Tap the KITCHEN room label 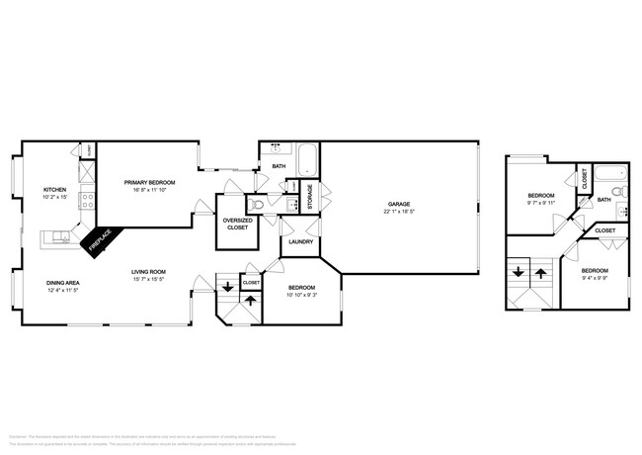[x=54, y=189]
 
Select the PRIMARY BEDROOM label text [x=149, y=182]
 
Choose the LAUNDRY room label [x=301, y=242]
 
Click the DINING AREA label [x=62, y=284]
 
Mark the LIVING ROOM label [x=149, y=272]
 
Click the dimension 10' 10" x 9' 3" [x=302, y=296]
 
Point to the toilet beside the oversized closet [x=257, y=205]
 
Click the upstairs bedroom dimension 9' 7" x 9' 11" [x=539, y=203]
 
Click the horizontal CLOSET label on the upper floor [x=605, y=230]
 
